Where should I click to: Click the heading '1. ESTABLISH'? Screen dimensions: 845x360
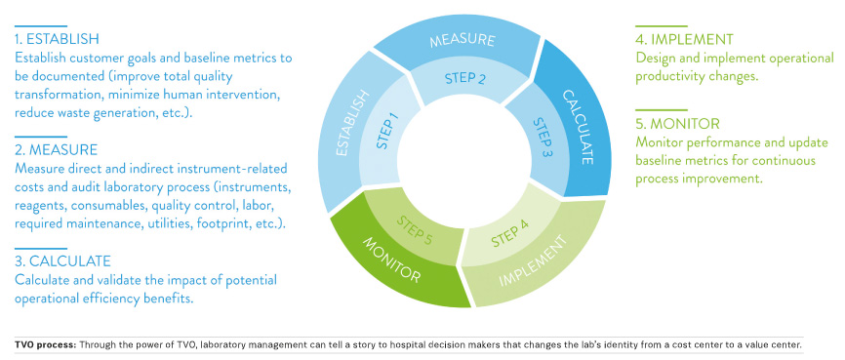click(x=58, y=40)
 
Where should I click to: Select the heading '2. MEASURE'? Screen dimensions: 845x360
click(x=56, y=149)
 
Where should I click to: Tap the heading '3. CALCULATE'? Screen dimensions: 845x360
click(x=62, y=261)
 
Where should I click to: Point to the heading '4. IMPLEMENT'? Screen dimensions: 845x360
click(x=684, y=40)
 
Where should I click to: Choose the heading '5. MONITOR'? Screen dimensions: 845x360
click(x=677, y=124)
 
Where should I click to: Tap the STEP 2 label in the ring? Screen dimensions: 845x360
click(x=464, y=78)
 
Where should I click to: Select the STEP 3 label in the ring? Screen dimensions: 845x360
click(x=543, y=137)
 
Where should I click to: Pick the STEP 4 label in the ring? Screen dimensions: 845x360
click(x=510, y=233)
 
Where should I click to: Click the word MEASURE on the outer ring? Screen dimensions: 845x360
click(x=462, y=41)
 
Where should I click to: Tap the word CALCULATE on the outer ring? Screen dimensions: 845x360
click(x=579, y=127)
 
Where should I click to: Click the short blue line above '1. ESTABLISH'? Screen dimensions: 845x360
click(x=41, y=26)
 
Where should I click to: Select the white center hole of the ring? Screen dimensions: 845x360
click(x=464, y=156)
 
